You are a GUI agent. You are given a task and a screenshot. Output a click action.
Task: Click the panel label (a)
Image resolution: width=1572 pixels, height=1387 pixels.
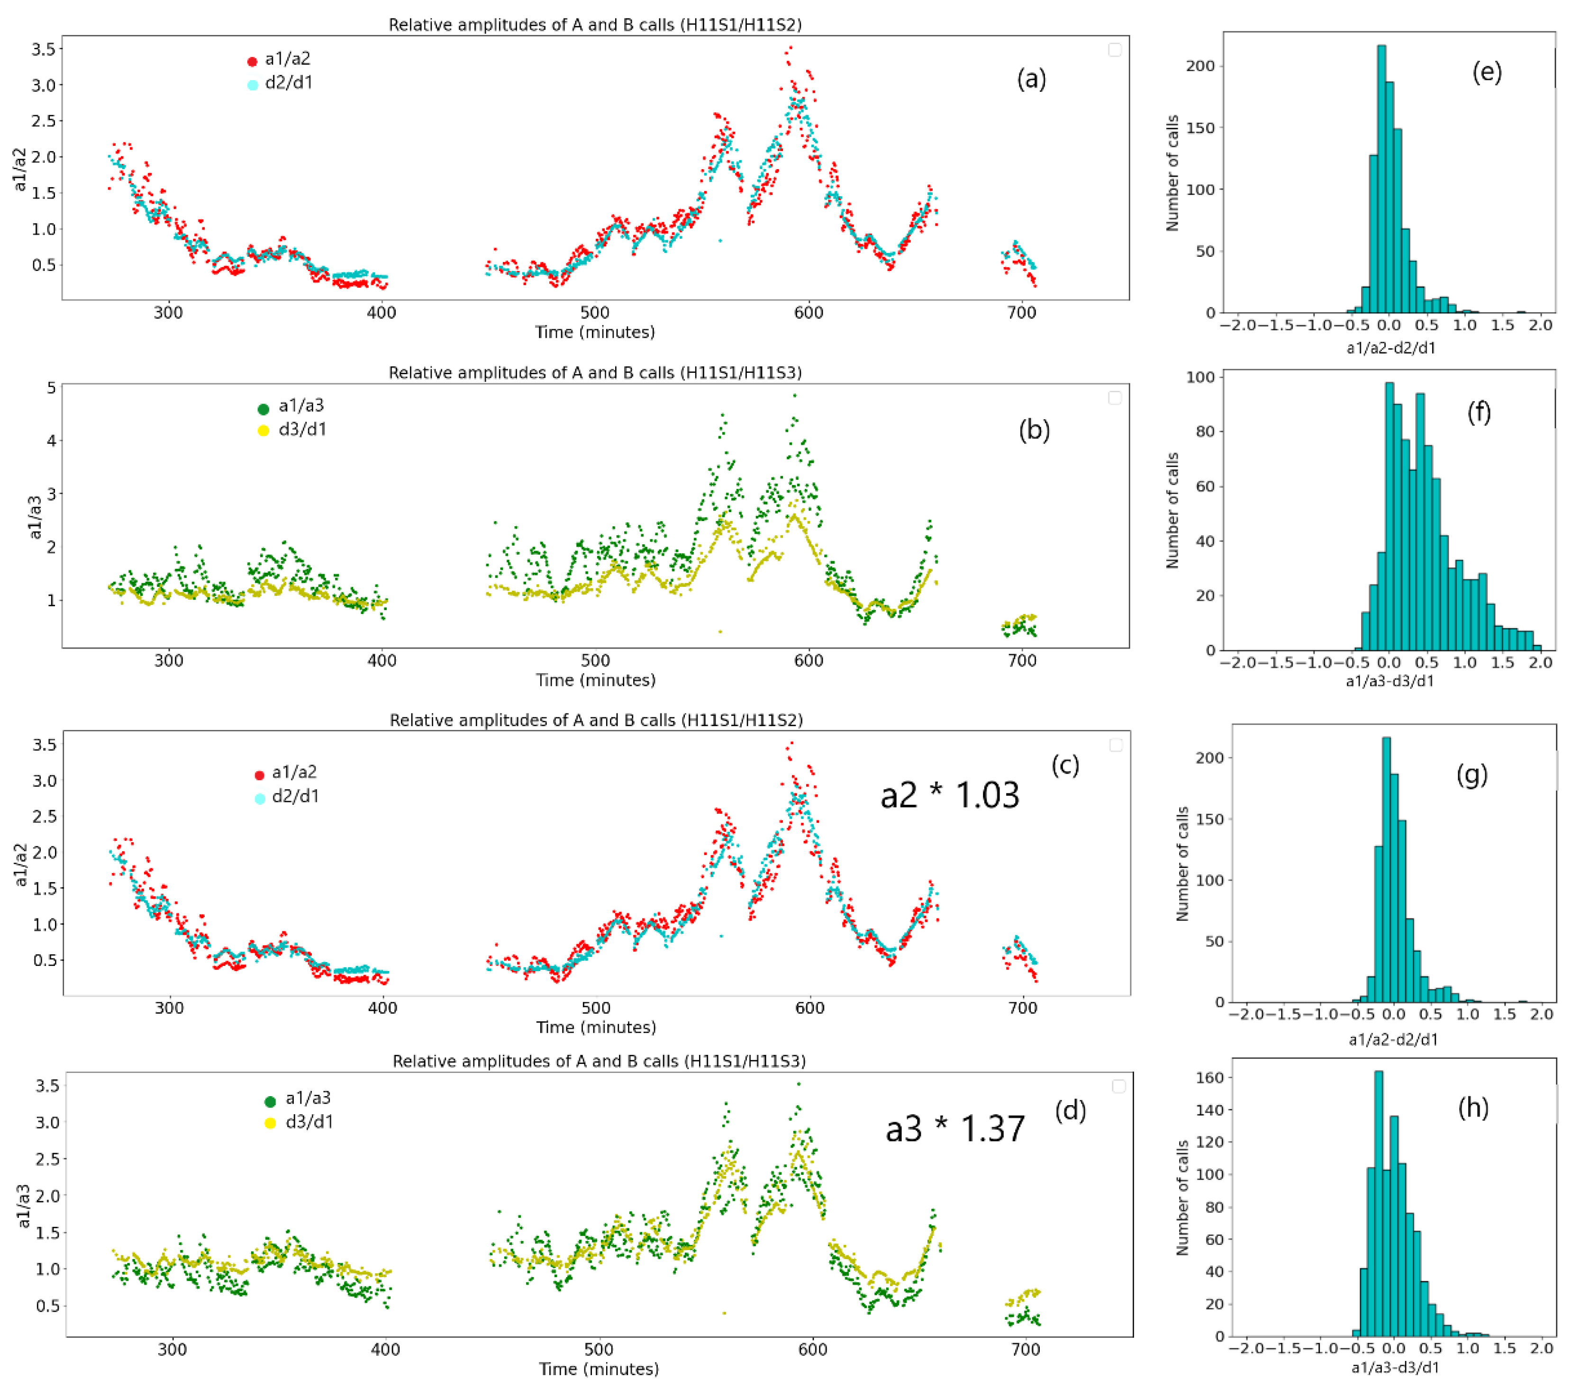click(x=1031, y=79)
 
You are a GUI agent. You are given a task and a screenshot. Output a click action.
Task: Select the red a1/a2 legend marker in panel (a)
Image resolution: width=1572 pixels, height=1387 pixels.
click(x=252, y=61)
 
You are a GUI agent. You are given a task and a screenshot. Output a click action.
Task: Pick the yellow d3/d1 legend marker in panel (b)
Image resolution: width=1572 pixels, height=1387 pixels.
click(x=263, y=431)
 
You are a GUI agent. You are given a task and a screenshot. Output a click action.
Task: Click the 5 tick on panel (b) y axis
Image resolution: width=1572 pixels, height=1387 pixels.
click(x=52, y=387)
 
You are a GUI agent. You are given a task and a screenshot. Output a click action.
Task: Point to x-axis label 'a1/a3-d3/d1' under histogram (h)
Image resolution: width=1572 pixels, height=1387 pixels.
click(x=1394, y=1368)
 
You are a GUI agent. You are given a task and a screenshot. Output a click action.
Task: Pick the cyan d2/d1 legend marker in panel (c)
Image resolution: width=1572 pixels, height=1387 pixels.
click(x=260, y=799)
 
